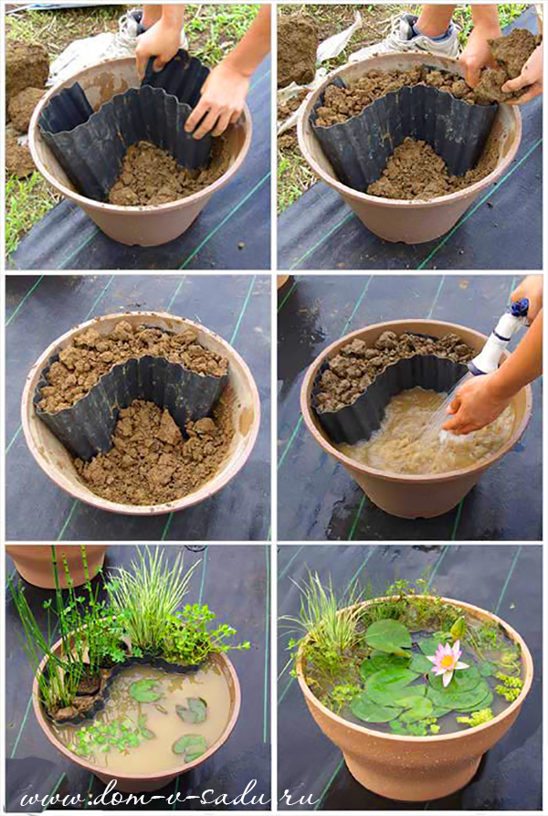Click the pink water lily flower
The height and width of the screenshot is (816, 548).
(x=446, y=662)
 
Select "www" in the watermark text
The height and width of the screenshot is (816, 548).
(x=49, y=797)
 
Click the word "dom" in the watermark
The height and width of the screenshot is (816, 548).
(x=121, y=795)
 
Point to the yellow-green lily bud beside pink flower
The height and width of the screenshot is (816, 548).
(x=458, y=629)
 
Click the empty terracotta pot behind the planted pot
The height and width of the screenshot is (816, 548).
(x=58, y=566)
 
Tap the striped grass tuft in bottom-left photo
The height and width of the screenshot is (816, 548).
(x=151, y=604)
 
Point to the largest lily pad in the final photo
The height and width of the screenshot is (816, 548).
(x=388, y=638)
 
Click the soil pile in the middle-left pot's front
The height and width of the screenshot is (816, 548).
(x=156, y=452)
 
